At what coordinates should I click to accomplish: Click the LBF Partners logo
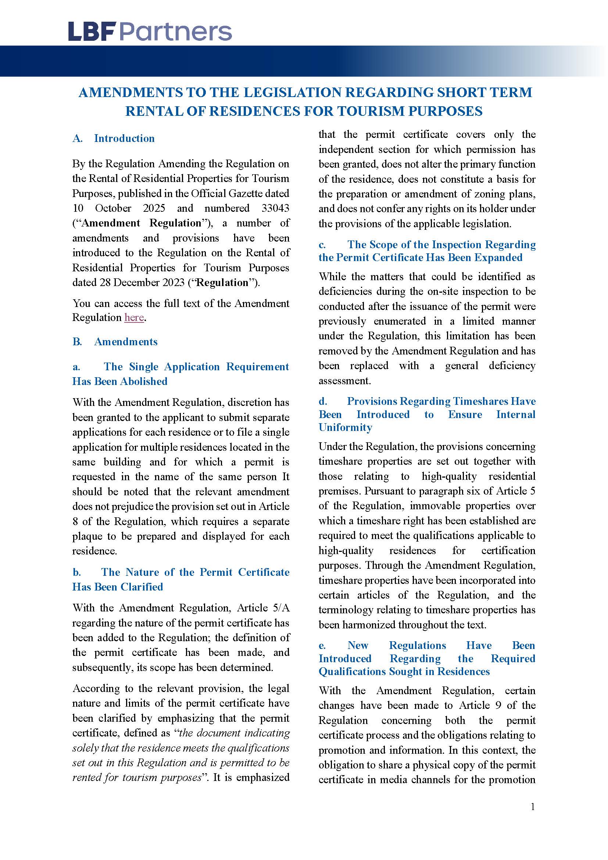150,32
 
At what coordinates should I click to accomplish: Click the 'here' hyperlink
134,318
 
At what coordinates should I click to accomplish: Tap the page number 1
533,817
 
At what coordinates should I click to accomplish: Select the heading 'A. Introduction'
114,139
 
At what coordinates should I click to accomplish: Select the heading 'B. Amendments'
115,342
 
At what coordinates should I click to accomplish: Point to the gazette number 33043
275,208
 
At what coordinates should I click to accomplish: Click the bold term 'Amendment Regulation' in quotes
142,223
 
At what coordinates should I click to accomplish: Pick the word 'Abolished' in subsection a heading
144,381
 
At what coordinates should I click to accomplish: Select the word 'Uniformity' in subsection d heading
345,427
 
